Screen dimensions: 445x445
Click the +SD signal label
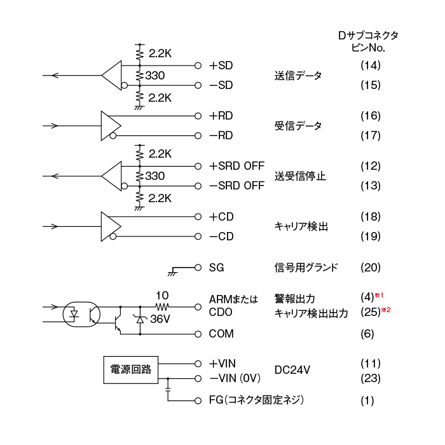tap(221, 65)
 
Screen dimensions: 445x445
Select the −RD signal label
tap(221, 135)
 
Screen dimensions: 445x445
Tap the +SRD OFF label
tap(236, 166)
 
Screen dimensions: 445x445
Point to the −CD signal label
tap(221, 236)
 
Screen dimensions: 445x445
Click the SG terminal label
tap(217, 268)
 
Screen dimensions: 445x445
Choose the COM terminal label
tap(221, 334)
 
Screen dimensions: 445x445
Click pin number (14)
tap(370, 65)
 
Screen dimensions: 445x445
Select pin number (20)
tap(370, 268)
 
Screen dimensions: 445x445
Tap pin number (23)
tap(370, 379)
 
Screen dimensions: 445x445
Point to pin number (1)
tap(367, 401)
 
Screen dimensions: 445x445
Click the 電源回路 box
tap(131, 370)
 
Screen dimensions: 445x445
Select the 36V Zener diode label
tap(161, 319)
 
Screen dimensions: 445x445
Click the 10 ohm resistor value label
tap(161, 296)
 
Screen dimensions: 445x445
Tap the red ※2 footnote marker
tap(385, 310)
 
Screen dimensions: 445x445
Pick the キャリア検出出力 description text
tap(311, 313)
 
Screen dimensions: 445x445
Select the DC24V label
tap(291, 370)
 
